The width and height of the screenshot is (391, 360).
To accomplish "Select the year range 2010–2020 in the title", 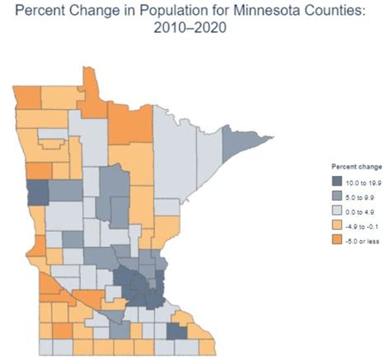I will (195, 29).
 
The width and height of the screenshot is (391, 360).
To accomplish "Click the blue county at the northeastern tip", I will (236, 145).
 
